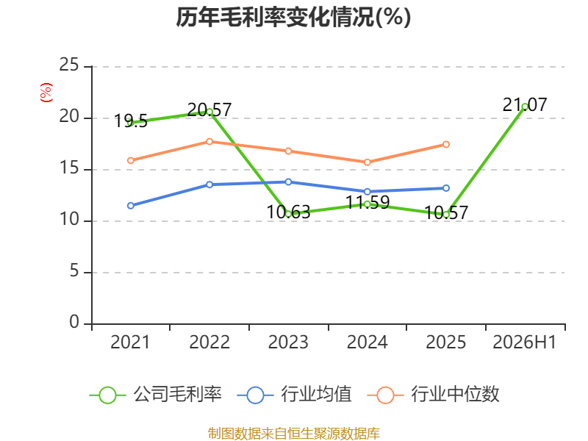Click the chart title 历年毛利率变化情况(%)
(x=293, y=17)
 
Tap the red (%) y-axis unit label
(x=46, y=93)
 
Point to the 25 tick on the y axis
(x=69, y=65)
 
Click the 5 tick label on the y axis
(x=74, y=270)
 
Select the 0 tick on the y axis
(x=74, y=322)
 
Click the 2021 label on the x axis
(x=130, y=342)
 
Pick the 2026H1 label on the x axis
(x=524, y=342)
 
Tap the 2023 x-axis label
(x=288, y=342)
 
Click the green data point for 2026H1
(x=525, y=107)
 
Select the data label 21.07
(x=525, y=104)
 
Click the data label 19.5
(x=131, y=121)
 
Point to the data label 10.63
(x=288, y=212)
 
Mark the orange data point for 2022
(x=209, y=141)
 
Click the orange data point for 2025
(x=446, y=144)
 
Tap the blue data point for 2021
(x=131, y=206)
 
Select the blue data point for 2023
(x=288, y=182)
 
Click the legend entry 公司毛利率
(x=156, y=395)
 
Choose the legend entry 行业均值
(x=295, y=395)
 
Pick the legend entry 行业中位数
(x=433, y=395)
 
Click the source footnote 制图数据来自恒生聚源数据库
(x=293, y=434)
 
